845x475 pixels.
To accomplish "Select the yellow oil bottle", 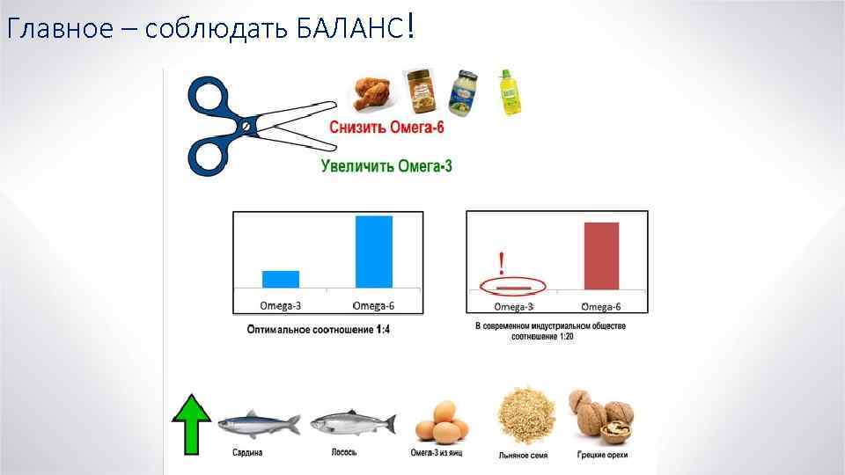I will (x=511, y=93).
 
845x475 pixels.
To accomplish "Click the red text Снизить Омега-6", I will (x=386, y=128).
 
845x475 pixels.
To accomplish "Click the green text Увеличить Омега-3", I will (x=386, y=165).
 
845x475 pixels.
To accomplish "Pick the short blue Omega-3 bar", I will (x=281, y=279).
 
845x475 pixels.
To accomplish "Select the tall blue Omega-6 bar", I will (x=374, y=252).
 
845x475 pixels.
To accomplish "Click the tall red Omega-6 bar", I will (x=601, y=255).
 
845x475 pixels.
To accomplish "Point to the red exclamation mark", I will (x=501, y=262).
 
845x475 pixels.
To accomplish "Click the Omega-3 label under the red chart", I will (x=514, y=307).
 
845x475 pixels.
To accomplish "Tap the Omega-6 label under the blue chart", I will (x=373, y=306).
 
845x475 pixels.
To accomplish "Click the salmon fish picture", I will (x=350, y=424).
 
